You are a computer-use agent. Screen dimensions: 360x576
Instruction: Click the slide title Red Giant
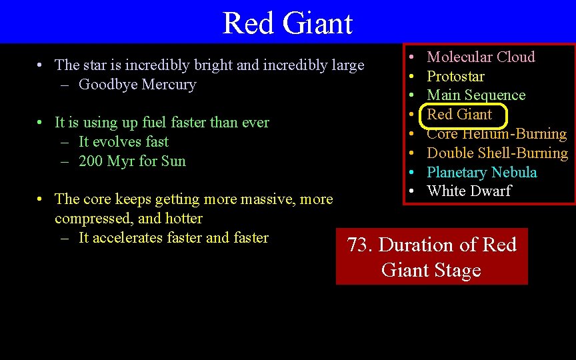tap(287, 23)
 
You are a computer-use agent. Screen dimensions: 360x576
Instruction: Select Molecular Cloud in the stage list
tap(481, 57)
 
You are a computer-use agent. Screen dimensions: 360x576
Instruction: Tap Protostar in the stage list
tap(455, 77)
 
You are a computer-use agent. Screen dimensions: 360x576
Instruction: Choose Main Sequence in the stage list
tap(476, 95)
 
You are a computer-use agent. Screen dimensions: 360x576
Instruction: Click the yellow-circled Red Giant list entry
tap(459, 115)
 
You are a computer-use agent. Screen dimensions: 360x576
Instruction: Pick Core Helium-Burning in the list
tap(497, 134)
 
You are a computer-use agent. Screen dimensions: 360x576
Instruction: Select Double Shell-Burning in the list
tap(497, 153)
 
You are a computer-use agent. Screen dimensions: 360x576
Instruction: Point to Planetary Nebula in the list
tap(481, 173)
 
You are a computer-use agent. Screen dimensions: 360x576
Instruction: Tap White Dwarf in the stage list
tap(469, 191)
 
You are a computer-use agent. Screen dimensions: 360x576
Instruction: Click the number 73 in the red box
tap(358, 245)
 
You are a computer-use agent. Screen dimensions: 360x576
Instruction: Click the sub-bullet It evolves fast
tap(123, 142)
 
